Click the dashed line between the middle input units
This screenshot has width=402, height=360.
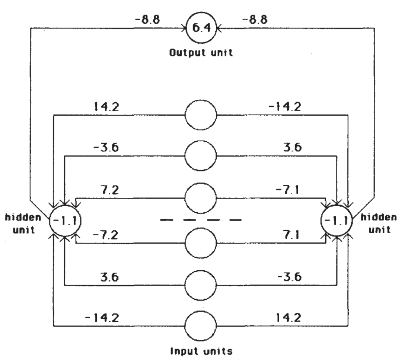coord(201,220)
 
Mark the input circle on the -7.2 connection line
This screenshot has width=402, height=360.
coord(201,244)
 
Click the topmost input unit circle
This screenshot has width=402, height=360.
coord(201,115)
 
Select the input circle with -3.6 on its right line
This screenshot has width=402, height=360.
coord(201,285)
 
